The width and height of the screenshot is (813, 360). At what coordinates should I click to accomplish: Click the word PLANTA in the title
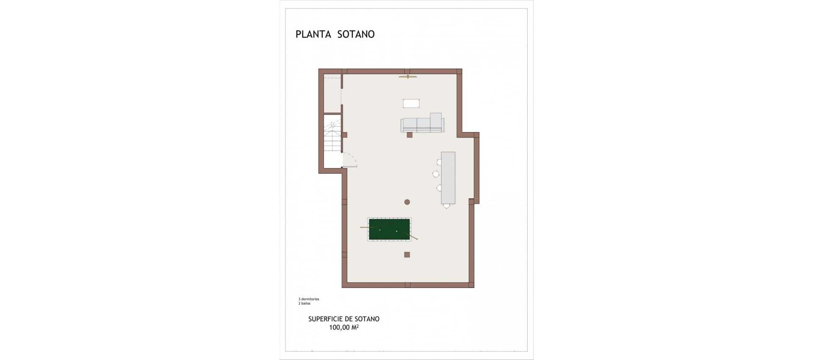[x=314, y=34]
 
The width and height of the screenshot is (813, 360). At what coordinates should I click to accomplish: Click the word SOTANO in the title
[x=356, y=34]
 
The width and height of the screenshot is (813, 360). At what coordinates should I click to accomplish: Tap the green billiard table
[x=390, y=230]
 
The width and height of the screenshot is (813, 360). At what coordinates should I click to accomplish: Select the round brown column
[x=407, y=202]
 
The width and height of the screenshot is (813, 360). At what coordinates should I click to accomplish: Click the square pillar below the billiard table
[x=407, y=255]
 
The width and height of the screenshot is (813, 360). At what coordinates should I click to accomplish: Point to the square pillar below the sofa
[x=409, y=135]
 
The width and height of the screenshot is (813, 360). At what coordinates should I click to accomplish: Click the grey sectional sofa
[x=422, y=124]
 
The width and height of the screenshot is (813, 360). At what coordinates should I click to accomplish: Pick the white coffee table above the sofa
[x=411, y=104]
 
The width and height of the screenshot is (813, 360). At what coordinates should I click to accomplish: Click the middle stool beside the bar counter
[x=435, y=174]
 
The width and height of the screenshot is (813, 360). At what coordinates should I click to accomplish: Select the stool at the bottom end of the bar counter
[x=446, y=206]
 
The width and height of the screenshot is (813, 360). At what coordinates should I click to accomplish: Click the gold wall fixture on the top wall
[x=408, y=77]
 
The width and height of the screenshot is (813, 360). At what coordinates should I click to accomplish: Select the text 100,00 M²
[x=344, y=327]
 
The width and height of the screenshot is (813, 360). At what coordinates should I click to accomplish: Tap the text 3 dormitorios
[x=309, y=299]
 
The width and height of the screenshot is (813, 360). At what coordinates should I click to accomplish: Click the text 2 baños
[x=304, y=304]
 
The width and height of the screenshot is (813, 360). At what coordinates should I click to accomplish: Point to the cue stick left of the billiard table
[x=369, y=228]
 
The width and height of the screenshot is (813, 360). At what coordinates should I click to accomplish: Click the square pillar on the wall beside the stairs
[x=345, y=135]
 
